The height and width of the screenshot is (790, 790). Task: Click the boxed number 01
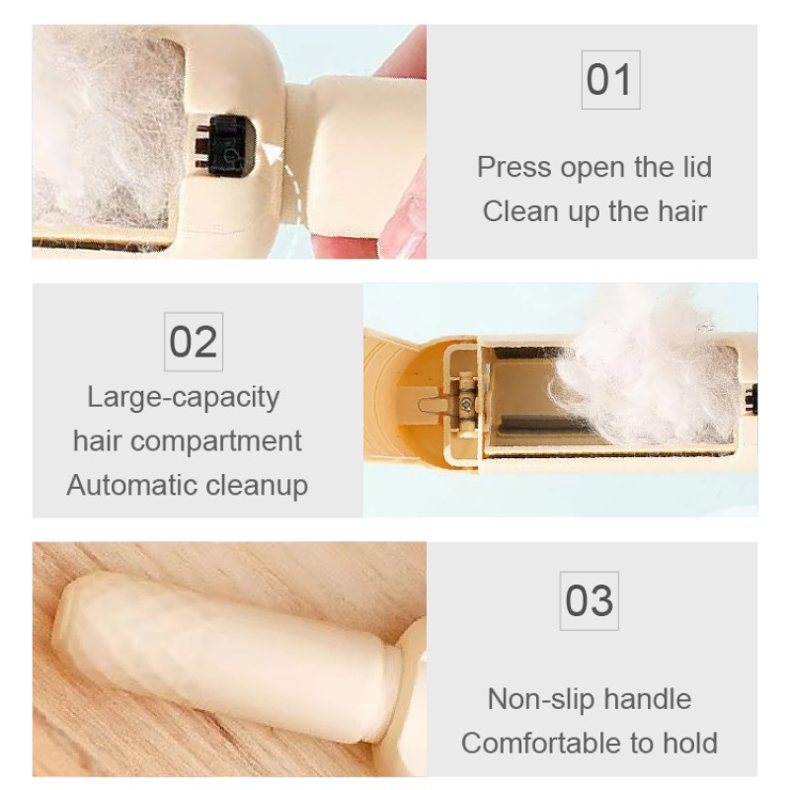click(x=608, y=79)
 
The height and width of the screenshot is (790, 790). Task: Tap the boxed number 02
click(x=194, y=342)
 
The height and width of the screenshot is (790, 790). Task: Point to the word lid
click(x=692, y=166)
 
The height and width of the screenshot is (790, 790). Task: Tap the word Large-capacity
click(x=184, y=397)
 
